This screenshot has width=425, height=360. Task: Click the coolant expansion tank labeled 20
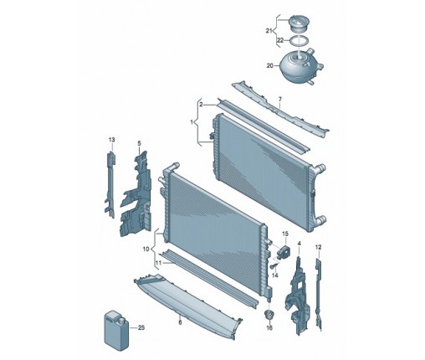tap(300, 65)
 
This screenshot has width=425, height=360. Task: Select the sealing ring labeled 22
tap(299, 40)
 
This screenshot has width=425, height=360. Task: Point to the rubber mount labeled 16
tap(269, 315)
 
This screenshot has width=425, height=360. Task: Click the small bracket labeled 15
tap(284, 251)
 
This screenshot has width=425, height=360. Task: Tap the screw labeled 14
tap(273, 265)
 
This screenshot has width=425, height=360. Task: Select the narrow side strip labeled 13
tap(110, 185)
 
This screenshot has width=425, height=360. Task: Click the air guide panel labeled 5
tap(136, 195)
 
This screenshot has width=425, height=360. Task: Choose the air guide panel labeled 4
tap(297, 296)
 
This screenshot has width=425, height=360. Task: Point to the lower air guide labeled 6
tap(187, 304)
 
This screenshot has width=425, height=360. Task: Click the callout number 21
tap(269, 31)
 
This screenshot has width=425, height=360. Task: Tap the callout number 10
tap(146, 249)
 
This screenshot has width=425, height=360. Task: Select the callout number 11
tap(158, 263)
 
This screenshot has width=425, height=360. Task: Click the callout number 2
tap(202, 105)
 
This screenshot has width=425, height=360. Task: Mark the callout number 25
tap(141, 327)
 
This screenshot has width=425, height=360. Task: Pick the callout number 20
tap(270, 66)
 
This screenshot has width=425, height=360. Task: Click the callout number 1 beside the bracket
tap(192, 122)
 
